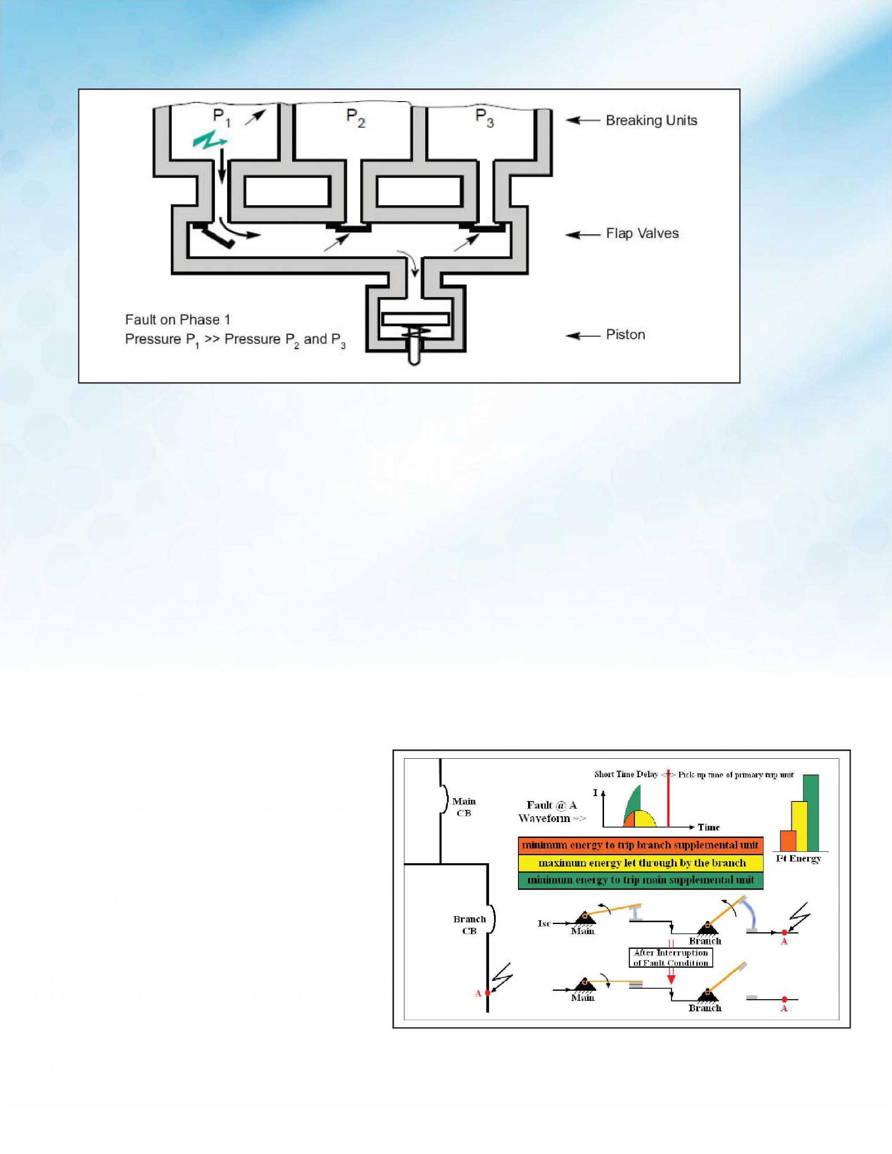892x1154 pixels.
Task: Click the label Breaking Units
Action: pos(651,120)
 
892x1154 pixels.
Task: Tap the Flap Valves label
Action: pos(642,234)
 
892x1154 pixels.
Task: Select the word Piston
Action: pos(625,334)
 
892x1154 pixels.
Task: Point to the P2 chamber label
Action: pos(355,118)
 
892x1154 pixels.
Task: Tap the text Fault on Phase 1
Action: pos(178,320)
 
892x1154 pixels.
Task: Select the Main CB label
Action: pos(464,807)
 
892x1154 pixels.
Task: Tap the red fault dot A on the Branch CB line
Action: pos(487,993)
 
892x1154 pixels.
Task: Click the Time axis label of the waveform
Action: pos(709,828)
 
